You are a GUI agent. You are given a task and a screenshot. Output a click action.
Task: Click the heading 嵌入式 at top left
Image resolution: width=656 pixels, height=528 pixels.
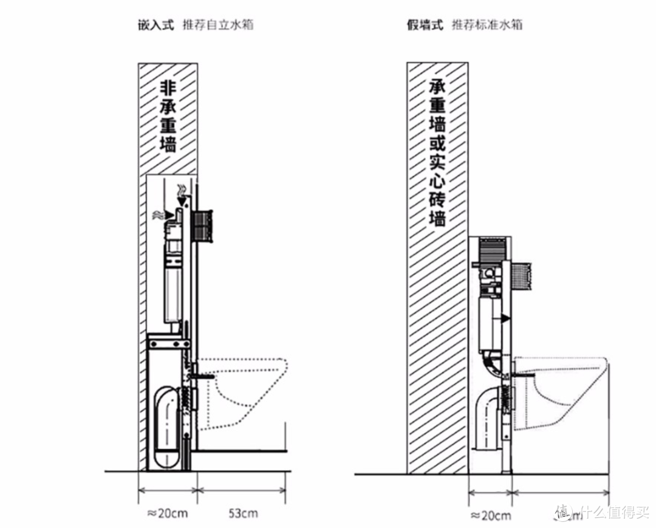(x=156, y=25)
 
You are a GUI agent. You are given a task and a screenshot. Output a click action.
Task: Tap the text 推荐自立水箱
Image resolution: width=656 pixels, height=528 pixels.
(x=217, y=25)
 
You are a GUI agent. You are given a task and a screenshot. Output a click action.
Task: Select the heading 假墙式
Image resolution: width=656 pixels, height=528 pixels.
(x=425, y=25)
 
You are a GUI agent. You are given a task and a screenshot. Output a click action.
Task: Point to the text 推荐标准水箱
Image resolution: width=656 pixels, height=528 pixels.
(x=487, y=25)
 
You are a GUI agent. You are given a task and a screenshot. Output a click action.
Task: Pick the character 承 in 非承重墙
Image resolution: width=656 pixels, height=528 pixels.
(x=167, y=108)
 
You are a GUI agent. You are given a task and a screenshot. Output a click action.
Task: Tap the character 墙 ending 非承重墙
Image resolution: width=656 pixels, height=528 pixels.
(x=167, y=145)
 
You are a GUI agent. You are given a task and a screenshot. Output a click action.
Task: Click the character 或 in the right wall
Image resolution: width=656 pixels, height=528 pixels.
(x=437, y=145)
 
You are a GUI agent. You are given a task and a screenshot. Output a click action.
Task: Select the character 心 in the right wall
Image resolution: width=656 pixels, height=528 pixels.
(x=437, y=181)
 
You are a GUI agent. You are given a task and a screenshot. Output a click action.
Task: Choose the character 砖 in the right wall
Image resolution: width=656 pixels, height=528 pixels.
(x=437, y=199)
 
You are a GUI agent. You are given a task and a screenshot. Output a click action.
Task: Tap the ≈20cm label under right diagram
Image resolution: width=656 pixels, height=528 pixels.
(x=491, y=516)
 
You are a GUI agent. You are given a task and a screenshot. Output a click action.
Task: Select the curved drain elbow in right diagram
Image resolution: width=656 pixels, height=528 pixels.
(x=485, y=413)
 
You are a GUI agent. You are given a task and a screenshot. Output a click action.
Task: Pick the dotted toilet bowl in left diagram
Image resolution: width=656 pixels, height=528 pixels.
(x=243, y=389)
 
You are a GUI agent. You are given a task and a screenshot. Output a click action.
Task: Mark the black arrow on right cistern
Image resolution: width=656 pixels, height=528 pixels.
(x=505, y=318)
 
